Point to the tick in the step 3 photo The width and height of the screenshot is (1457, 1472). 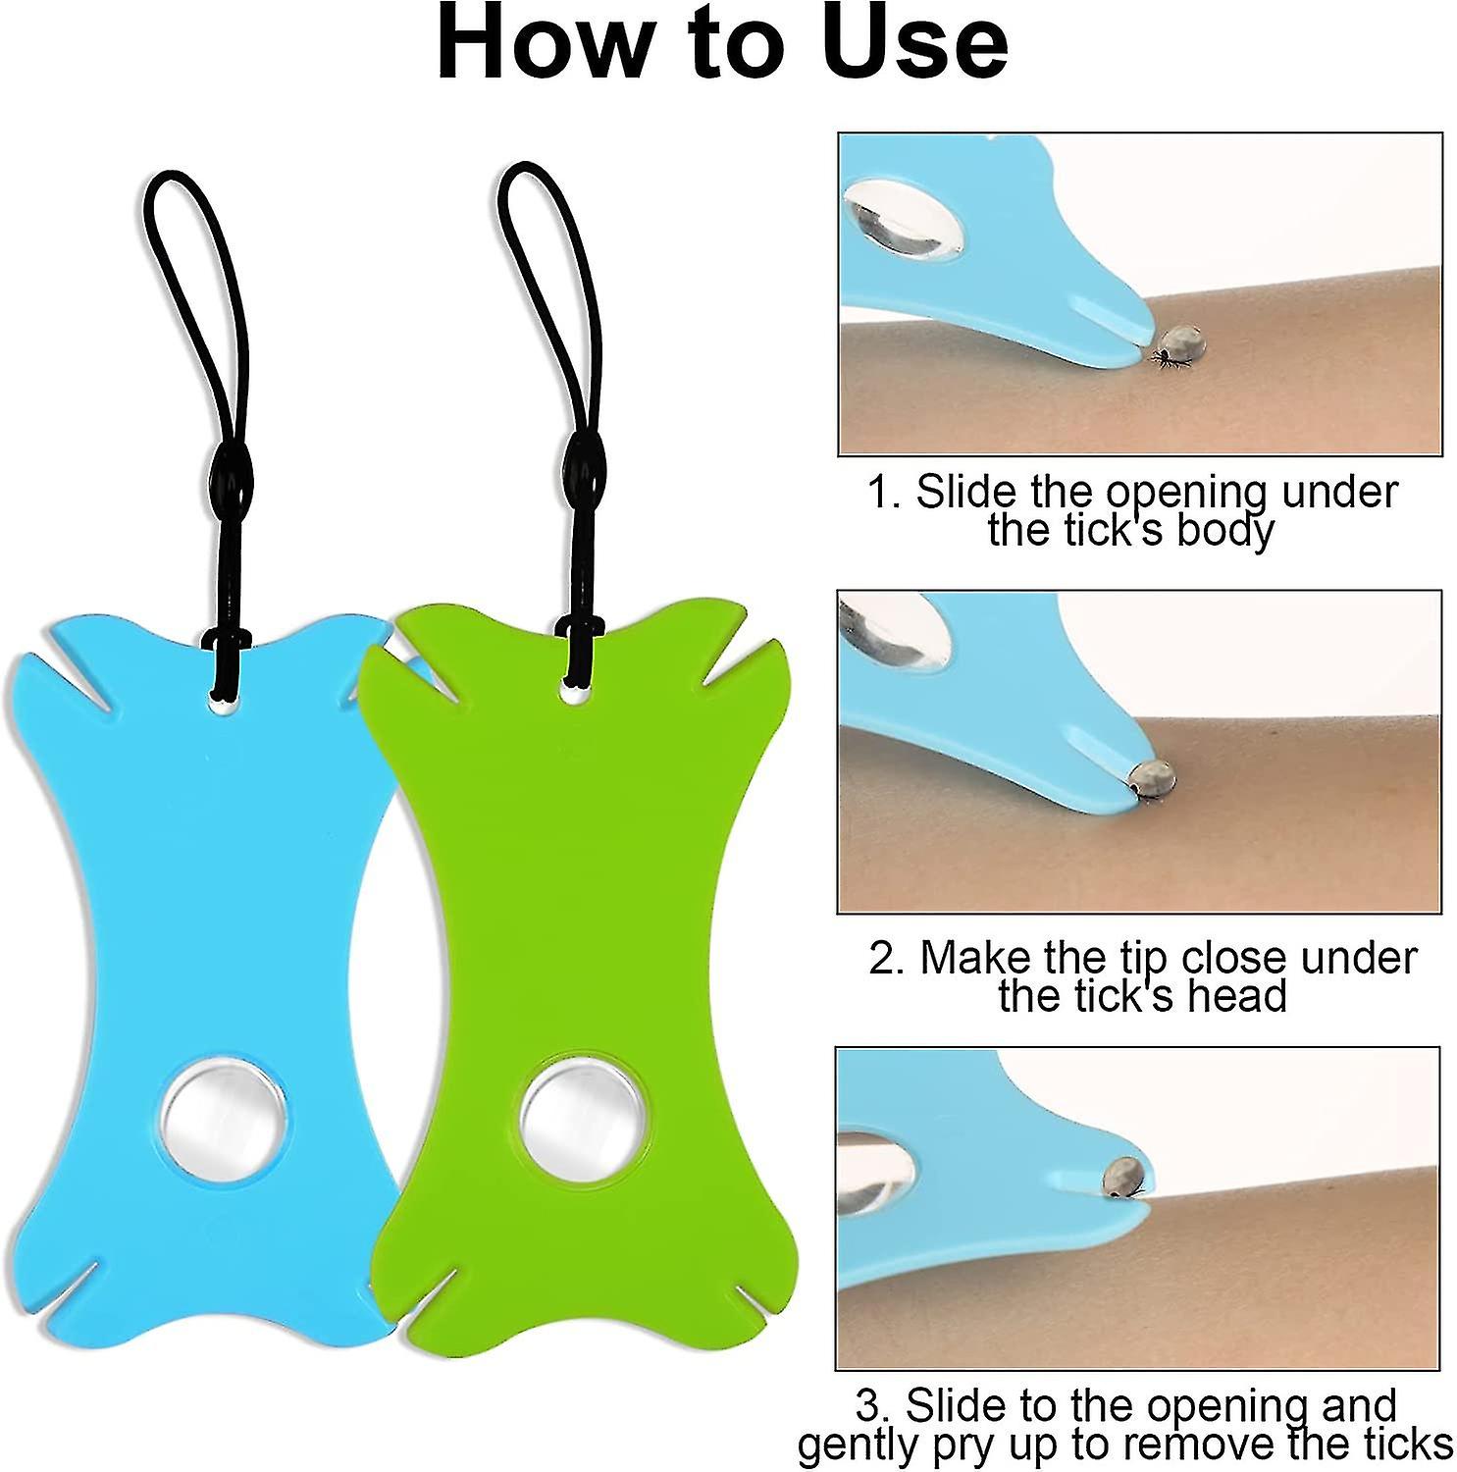pos(1124,1175)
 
